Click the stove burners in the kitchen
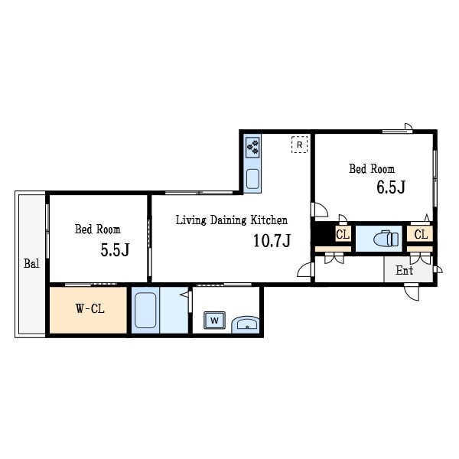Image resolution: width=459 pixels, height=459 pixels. pyautogui.click(x=252, y=147)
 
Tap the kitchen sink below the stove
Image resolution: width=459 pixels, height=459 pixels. pyautogui.click(x=252, y=179)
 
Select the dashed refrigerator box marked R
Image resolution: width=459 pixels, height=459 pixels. pyautogui.click(x=299, y=145)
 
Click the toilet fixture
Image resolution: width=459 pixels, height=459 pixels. pyautogui.click(x=386, y=239)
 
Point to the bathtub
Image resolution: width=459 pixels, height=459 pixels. pyautogui.click(x=145, y=310)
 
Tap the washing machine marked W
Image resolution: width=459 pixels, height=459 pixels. pyautogui.click(x=214, y=321)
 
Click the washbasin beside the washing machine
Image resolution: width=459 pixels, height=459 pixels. pyautogui.click(x=246, y=324)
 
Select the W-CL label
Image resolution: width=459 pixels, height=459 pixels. pyautogui.click(x=90, y=308)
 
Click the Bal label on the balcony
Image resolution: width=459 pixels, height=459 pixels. pyautogui.click(x=31, y=263)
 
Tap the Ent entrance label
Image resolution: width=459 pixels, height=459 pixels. pyautogui.click(x=404, y=271)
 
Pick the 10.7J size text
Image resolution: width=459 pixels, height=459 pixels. pyautogui.click(x=272, y=241)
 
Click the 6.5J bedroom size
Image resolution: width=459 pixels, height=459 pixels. pyautogui.click(x=391, y=187)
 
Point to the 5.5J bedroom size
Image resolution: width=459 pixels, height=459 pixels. pyautogui.click(x=115, y=250)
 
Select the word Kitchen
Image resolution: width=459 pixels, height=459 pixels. pyautogui.click(x=269, y=220)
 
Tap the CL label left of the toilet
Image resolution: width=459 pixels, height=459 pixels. pyautogui.click(x=343, y=235)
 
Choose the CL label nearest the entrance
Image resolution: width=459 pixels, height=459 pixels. pyautogui.click(x=421, y=235)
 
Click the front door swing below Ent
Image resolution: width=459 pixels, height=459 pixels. pyautogui.click(x=412, y=292)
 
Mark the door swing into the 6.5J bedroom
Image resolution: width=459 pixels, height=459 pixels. pyautogui.click(x=320, y=210)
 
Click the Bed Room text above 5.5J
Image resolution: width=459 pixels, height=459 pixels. pyautogui.click(x=97, y=229)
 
